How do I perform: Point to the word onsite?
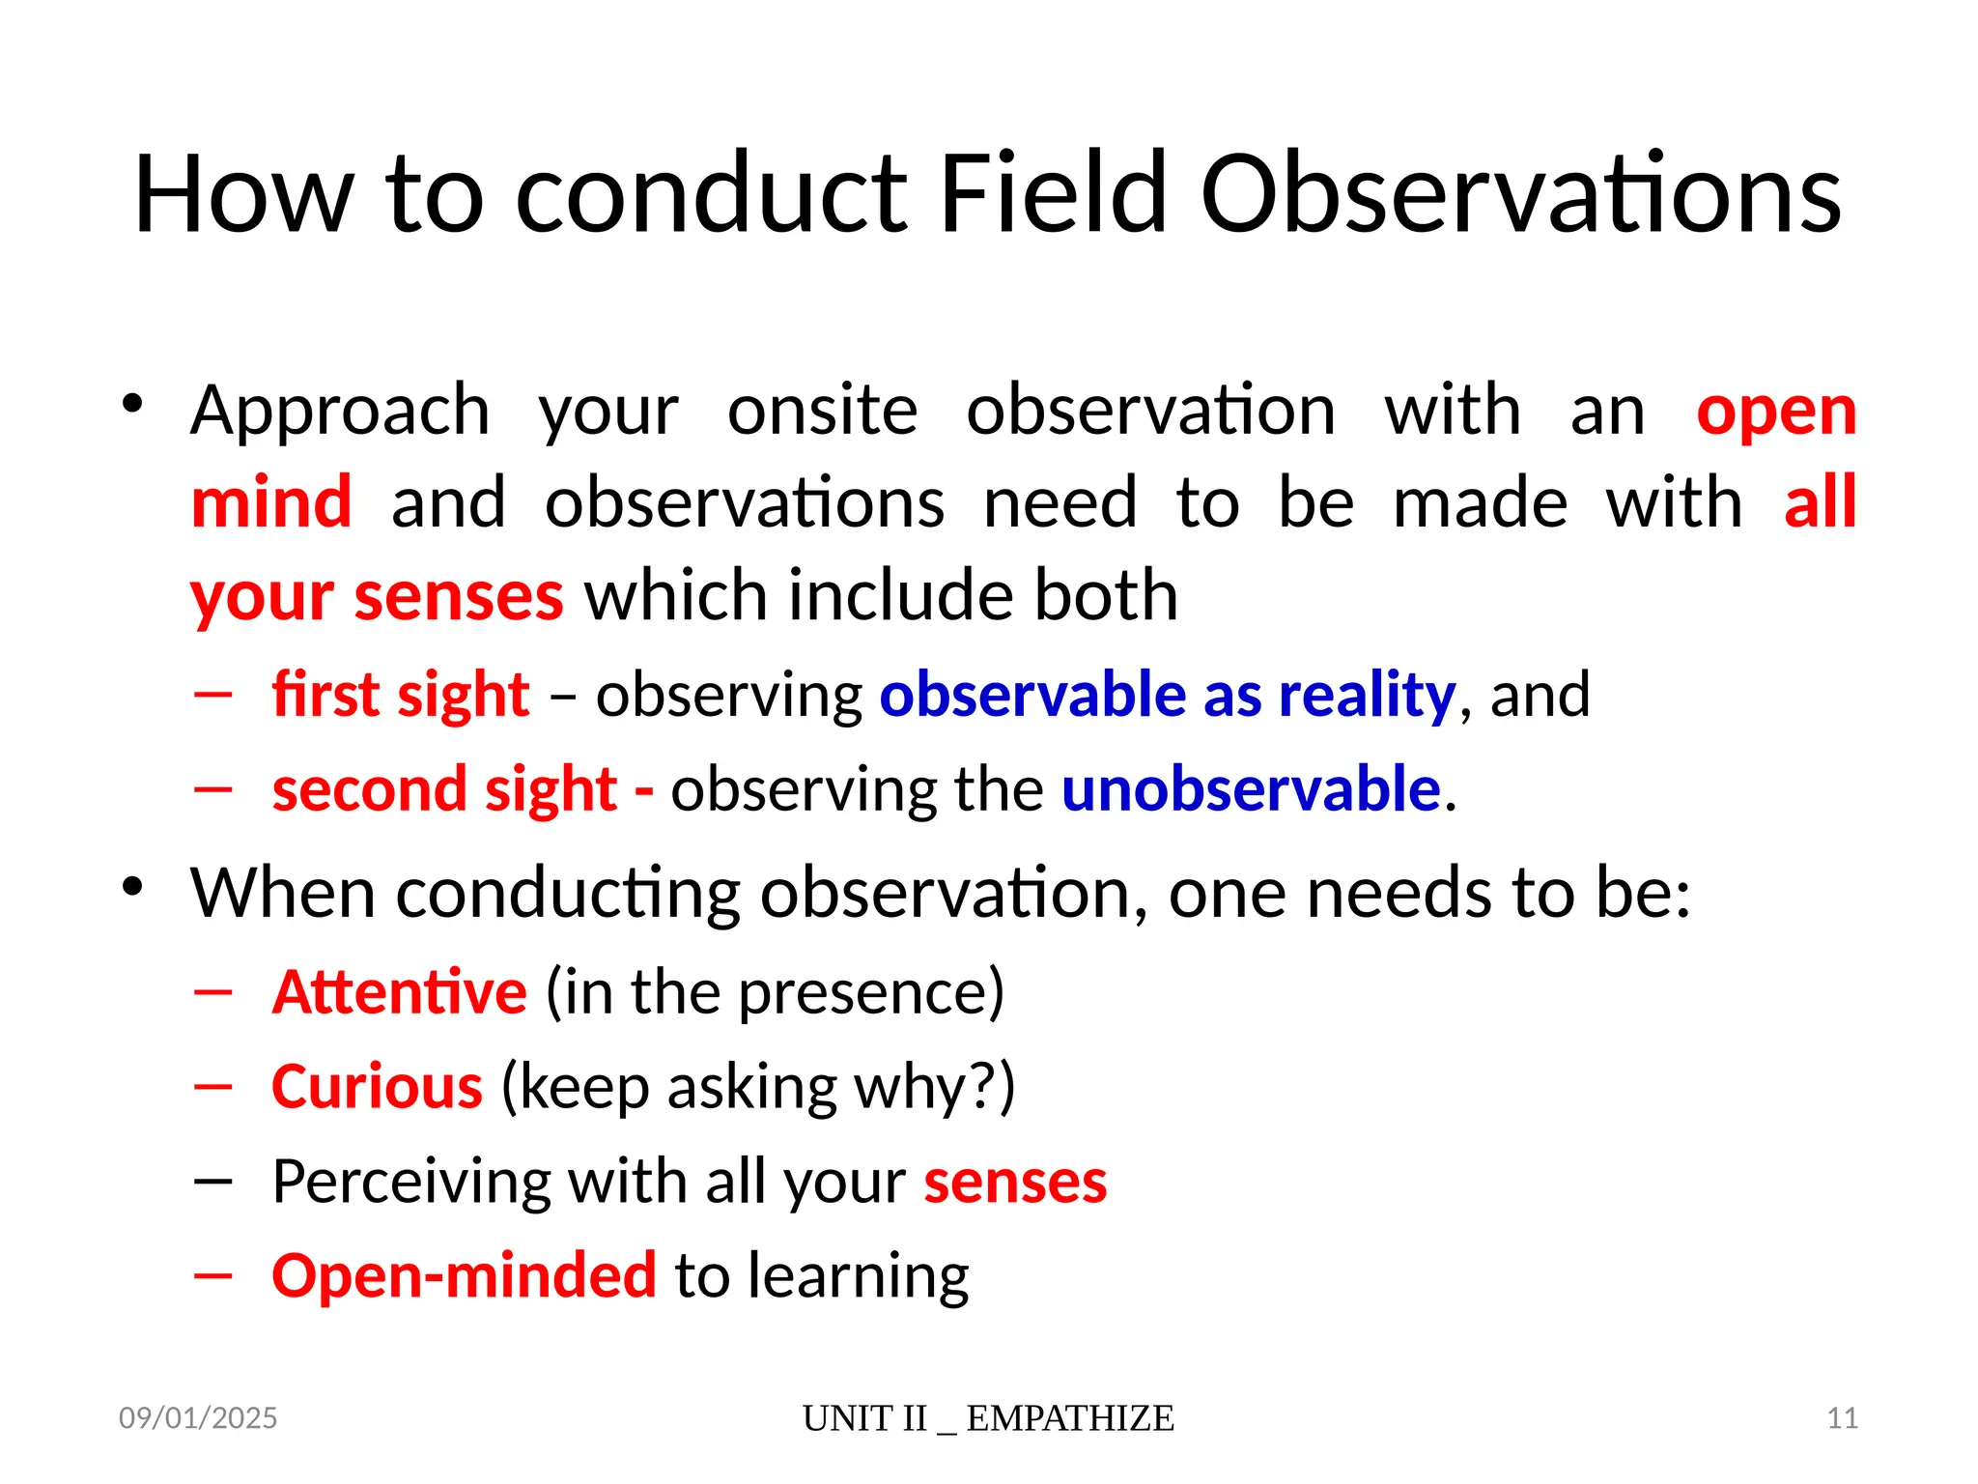point(822,412)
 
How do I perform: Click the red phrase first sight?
point(401,695)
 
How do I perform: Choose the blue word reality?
point(1366,695)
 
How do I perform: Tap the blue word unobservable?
point(1251,788)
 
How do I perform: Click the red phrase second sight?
point(444,788)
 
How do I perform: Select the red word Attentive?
point(399,991)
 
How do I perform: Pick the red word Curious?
point(377,1086)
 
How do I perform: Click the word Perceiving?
point(410,1181)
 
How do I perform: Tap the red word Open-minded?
point(464,1275)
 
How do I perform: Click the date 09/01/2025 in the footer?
point(198,1418)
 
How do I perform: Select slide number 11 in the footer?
point(1842,1418)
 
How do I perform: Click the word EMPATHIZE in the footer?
point(1069,1418)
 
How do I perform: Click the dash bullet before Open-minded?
point(212,1275)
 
